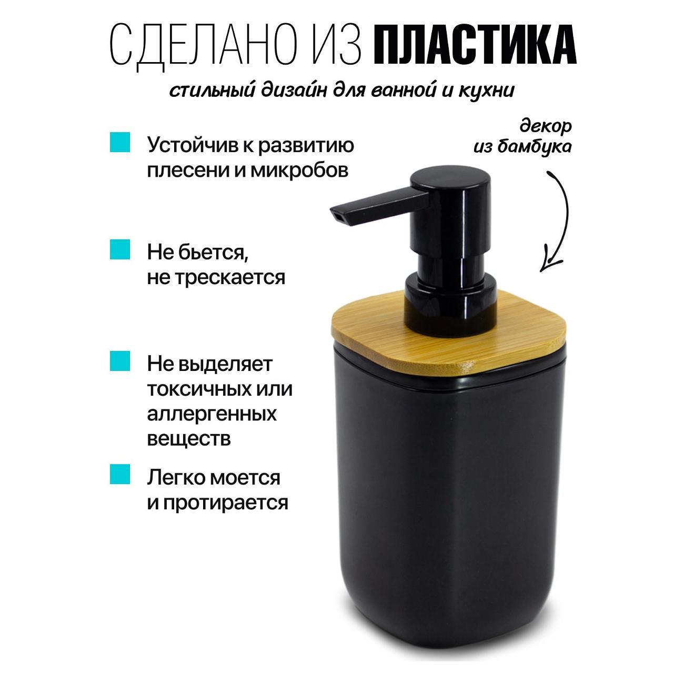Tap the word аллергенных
point(212,413)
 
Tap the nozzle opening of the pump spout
point(337,215)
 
